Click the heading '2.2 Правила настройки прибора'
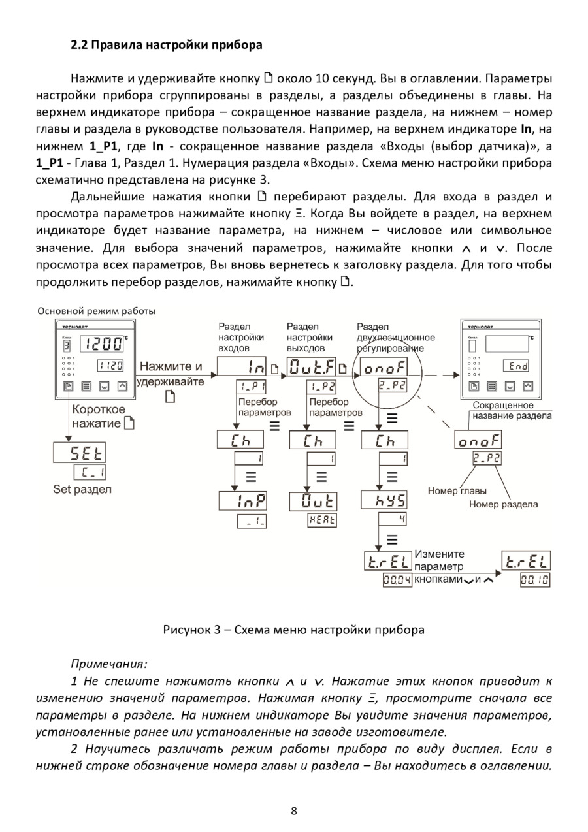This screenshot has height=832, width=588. [x=167, y=46]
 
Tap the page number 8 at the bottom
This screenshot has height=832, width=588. [x=294, y=811]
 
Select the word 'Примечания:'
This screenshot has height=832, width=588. [x=109, y=664]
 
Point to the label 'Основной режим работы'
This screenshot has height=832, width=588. [x=96, y=311]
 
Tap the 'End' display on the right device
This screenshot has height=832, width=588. [x=516, y=366]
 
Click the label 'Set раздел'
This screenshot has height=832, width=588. [x=83, y=489]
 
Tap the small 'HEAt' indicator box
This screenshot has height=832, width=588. [x=322, y=521]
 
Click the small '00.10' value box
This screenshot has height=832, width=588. [x=534, y=580]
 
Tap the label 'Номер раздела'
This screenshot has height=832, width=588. [x=503, y=504]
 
